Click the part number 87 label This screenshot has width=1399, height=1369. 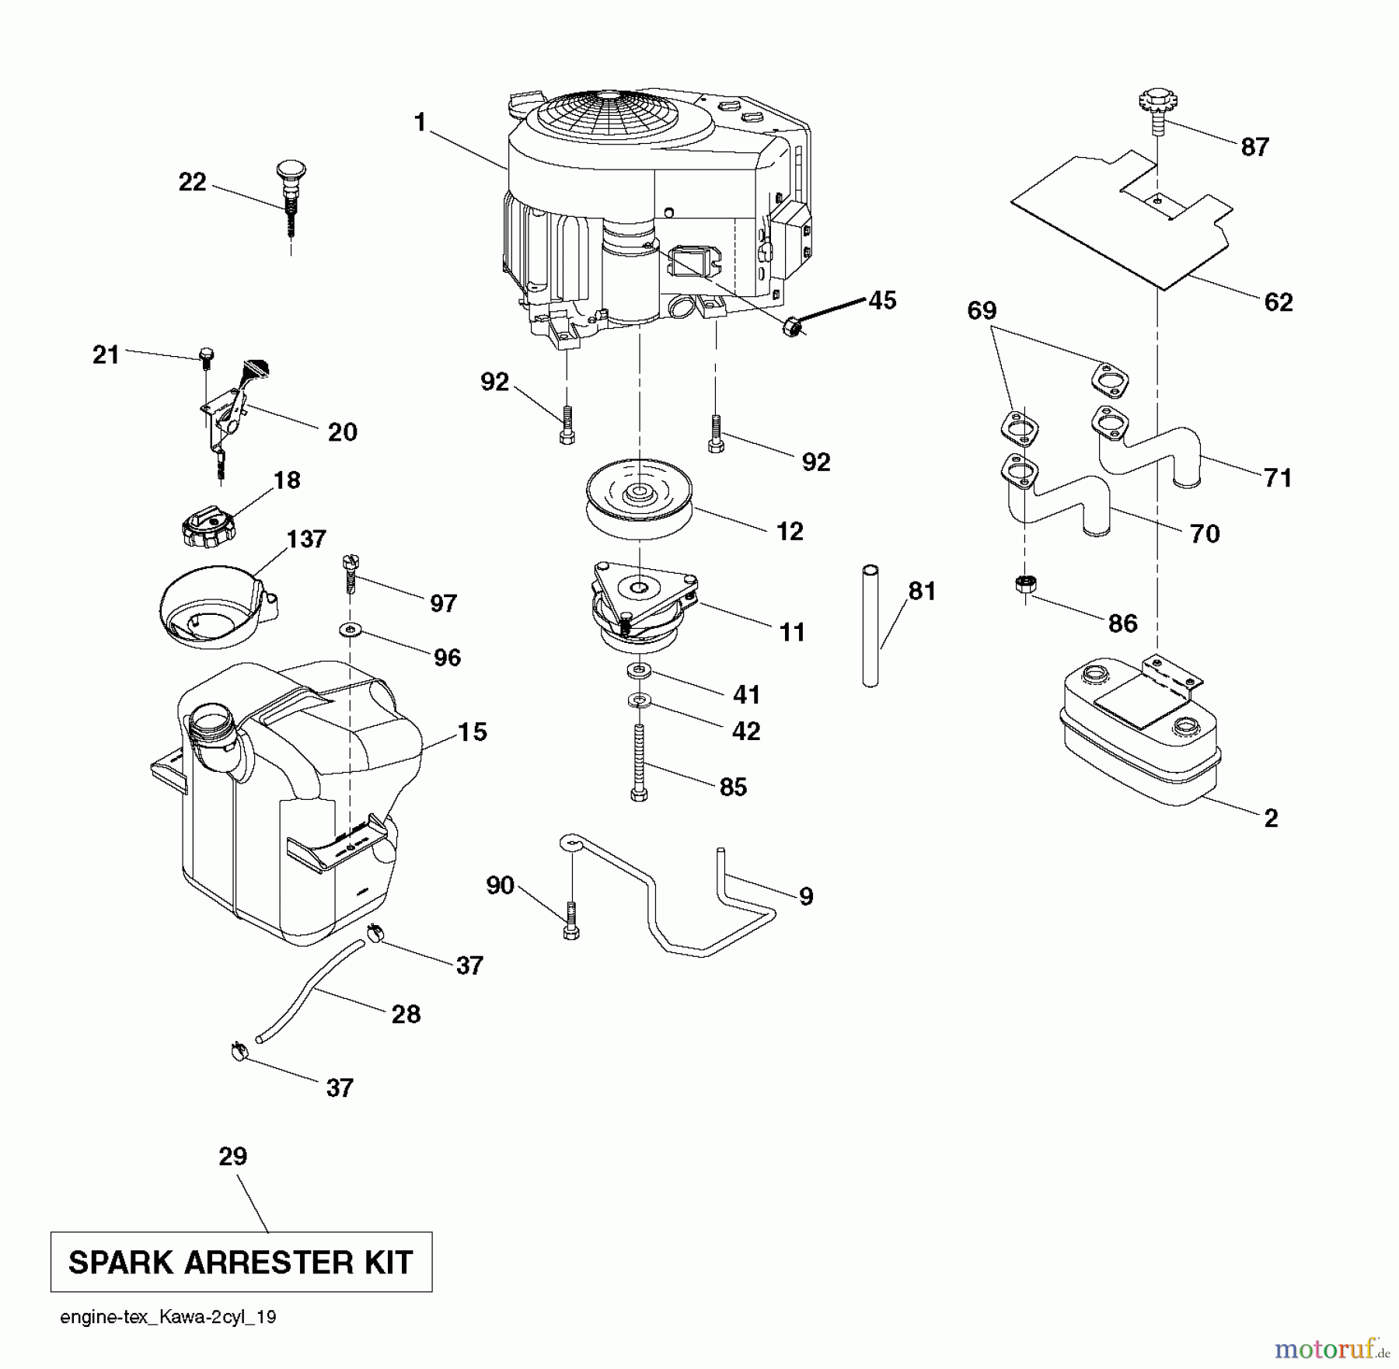pyautogui.click(x=1254, y=146)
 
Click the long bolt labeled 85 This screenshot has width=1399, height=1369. pyautogui.click(x=639, y=762)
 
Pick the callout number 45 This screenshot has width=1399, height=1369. pyautogui.click(x=882, y=300)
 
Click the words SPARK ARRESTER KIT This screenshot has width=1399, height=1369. pyautogui.click(x=241, y=1262)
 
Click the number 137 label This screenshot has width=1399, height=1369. pyautogui.click(x=306, y=539)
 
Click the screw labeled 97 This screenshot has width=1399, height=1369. pyautogui.click(x=349, y=573)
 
